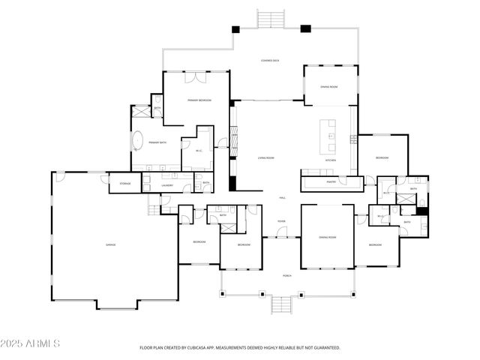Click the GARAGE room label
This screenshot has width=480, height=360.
[109, 245]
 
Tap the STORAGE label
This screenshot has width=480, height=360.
[125, 182]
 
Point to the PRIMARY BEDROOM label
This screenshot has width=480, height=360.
[199, 100]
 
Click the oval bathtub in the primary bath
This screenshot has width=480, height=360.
[137, 140]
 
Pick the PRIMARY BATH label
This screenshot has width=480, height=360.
[157, 142]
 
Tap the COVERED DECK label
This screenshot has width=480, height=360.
[271, 61]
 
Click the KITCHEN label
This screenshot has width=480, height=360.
[330, 160]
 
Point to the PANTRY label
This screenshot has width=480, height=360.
[331, 181]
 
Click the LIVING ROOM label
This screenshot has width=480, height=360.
[266, 157]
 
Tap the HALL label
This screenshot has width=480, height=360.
[283, 197]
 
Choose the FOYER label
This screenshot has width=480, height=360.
[281, 221]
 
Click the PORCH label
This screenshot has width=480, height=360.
[286, 274]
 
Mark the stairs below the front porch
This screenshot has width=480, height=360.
[280, 305]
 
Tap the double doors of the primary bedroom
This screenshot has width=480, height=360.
[197, 76]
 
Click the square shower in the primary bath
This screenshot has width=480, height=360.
[141, 110]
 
